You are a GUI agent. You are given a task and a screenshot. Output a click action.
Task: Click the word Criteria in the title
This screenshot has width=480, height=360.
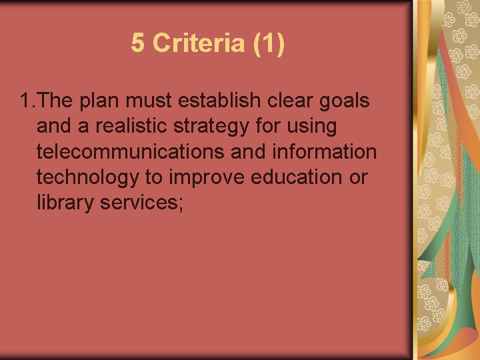(199, 43)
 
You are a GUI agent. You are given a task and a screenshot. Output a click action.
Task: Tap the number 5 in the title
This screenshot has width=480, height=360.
(138, 43)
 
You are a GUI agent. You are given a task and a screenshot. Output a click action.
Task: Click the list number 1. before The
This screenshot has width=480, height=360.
(27, 100)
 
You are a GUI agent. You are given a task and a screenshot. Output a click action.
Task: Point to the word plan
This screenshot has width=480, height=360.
(99, 102)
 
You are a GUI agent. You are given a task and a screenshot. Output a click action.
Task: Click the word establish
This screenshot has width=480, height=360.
(219, 100)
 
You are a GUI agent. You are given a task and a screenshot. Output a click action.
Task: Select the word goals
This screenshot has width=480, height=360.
(345, 102)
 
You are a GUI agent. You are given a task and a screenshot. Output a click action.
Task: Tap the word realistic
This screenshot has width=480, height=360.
(131, 125)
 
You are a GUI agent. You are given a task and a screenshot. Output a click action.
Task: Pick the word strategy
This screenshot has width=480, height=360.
(211, 127)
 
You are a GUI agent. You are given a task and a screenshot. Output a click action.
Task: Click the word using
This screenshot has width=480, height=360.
(311, 127)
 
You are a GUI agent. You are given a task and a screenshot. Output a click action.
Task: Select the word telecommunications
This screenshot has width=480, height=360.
(130, 151)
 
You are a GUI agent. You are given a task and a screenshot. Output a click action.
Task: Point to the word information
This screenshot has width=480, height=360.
(324, 151)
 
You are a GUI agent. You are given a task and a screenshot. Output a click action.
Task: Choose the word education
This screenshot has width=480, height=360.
(296, 177)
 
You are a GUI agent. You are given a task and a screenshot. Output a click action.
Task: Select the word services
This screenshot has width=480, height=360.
(139, 203)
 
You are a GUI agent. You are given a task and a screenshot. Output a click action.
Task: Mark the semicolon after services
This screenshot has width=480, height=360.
(181, 205)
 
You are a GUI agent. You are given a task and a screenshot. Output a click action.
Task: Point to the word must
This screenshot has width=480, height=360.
(149, 101)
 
